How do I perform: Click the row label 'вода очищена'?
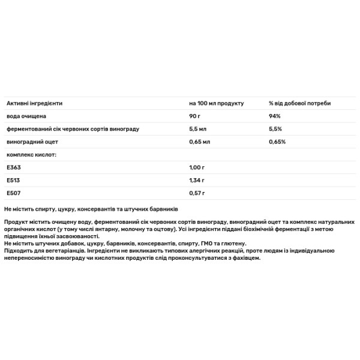pos(25,116)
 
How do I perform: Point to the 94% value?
pos(275,116)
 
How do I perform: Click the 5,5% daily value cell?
pos(275,129)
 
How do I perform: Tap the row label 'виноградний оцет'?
pos(32,142)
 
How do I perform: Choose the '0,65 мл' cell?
pos(199,142)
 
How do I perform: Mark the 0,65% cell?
pos(277,142)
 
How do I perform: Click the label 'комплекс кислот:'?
pos(31,154)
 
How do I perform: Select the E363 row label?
pos(13,167)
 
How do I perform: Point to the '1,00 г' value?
pos(197,167)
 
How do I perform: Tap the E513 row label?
pos(13,180)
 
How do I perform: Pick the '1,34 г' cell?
pos(197,180)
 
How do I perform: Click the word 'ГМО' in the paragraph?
pos(207,244)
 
